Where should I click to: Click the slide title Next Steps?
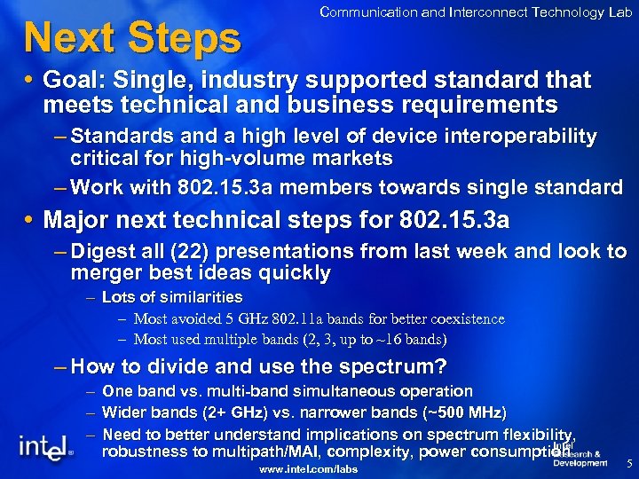(132, 37)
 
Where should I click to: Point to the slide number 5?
(628, 463)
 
